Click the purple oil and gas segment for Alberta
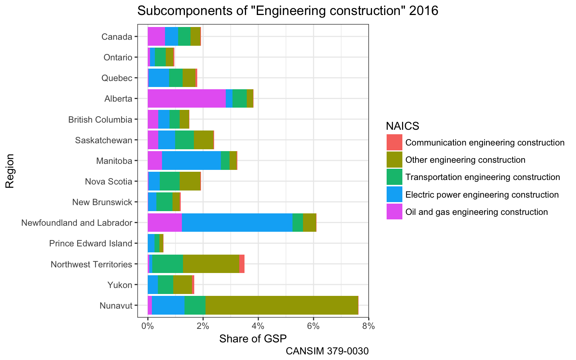click(x=186, y=99)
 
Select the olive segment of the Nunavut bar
click(x=282, y=305)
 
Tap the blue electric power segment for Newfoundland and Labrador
click(x=237, y=223)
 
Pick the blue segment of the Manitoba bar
click(x=191, y=160)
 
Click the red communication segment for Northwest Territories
click(x=242, y=264)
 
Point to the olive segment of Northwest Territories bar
click(x=211, y=264)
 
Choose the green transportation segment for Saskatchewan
click(x=184, y=140)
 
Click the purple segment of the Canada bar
click(x=156, y=36)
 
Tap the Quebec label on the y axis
click(x=117, y=78)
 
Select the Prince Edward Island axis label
click(x=90, y=243)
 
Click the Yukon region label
click(x=120, y=285)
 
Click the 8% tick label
click(x=369, y=326)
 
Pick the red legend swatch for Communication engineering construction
click(x=394, y=142)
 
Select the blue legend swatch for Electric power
click(x=394, y=195)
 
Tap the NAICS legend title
click(x=402, y=126)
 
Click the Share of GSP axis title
click(x=253, y=339)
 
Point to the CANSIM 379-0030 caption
click(x=327, y=351)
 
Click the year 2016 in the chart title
click(x=424, y=11)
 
